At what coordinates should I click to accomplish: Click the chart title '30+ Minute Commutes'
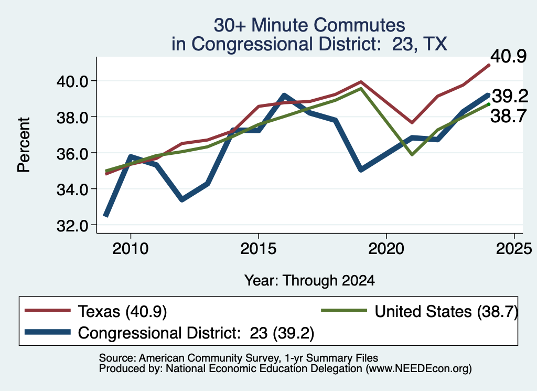(x=309, y=25)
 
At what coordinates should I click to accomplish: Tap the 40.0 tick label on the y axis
(x=72, y=81)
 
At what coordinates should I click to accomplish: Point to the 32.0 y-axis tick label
(x=72, y=226)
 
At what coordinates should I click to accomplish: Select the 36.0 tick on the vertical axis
(x=72, y=154)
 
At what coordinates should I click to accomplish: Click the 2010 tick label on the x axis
(x=131, y=248)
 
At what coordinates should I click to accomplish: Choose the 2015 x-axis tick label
(x=258, y=248)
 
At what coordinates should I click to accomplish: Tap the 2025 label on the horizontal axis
(x=514, y=248)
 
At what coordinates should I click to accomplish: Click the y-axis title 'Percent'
(x=24, y=145)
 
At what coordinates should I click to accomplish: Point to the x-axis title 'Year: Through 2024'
(x=309, y=280)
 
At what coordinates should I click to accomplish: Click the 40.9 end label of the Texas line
(x=508, y=56)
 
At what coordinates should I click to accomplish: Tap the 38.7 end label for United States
(x=508, y=116)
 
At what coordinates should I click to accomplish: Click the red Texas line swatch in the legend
(x=48, y=311)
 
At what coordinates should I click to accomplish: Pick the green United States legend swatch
(x=344, y=311)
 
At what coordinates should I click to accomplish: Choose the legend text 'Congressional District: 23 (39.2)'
(x=196, y=333)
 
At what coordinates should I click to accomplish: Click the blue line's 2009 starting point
(x=106, y=216)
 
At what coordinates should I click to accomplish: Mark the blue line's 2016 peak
(x=284, y=96)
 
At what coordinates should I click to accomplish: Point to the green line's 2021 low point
(x=412, y=154)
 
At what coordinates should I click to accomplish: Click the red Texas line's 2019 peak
(x=361, y=82)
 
